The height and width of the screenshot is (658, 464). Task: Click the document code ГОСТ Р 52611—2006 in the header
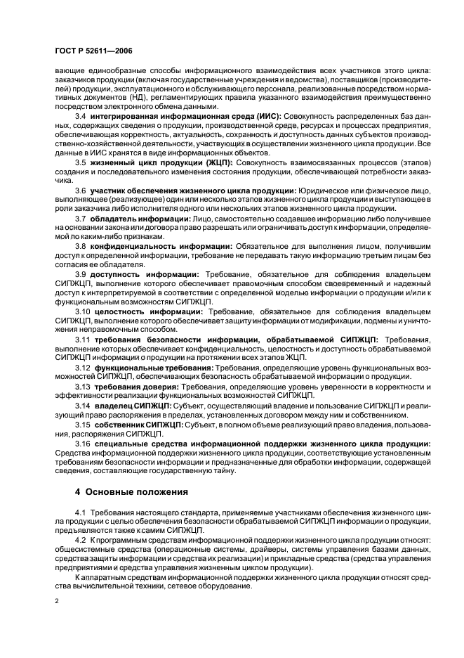[93, 51]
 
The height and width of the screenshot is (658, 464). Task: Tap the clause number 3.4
[81, 115]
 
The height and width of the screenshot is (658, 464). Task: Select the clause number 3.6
[81, 191]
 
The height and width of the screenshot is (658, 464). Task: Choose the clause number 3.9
[81, 275]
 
